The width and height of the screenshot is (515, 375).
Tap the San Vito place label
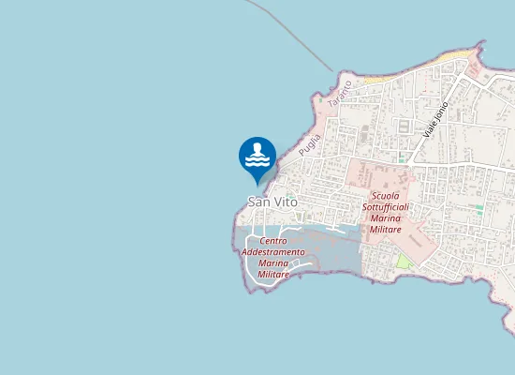point(272,202)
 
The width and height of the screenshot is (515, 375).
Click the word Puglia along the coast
point(309,144)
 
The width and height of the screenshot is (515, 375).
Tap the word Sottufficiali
point(386,206)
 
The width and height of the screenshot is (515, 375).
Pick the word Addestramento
point(273,253)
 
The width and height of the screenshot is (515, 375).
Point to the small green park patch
point(404,261)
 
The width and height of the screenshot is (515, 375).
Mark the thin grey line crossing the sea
point(300,37)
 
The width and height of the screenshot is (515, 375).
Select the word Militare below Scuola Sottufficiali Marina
point(386,230)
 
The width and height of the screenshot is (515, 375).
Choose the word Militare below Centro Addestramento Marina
point(273,276)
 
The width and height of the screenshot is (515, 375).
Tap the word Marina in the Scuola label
point(386,218)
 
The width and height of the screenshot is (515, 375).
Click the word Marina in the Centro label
point(273,264)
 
